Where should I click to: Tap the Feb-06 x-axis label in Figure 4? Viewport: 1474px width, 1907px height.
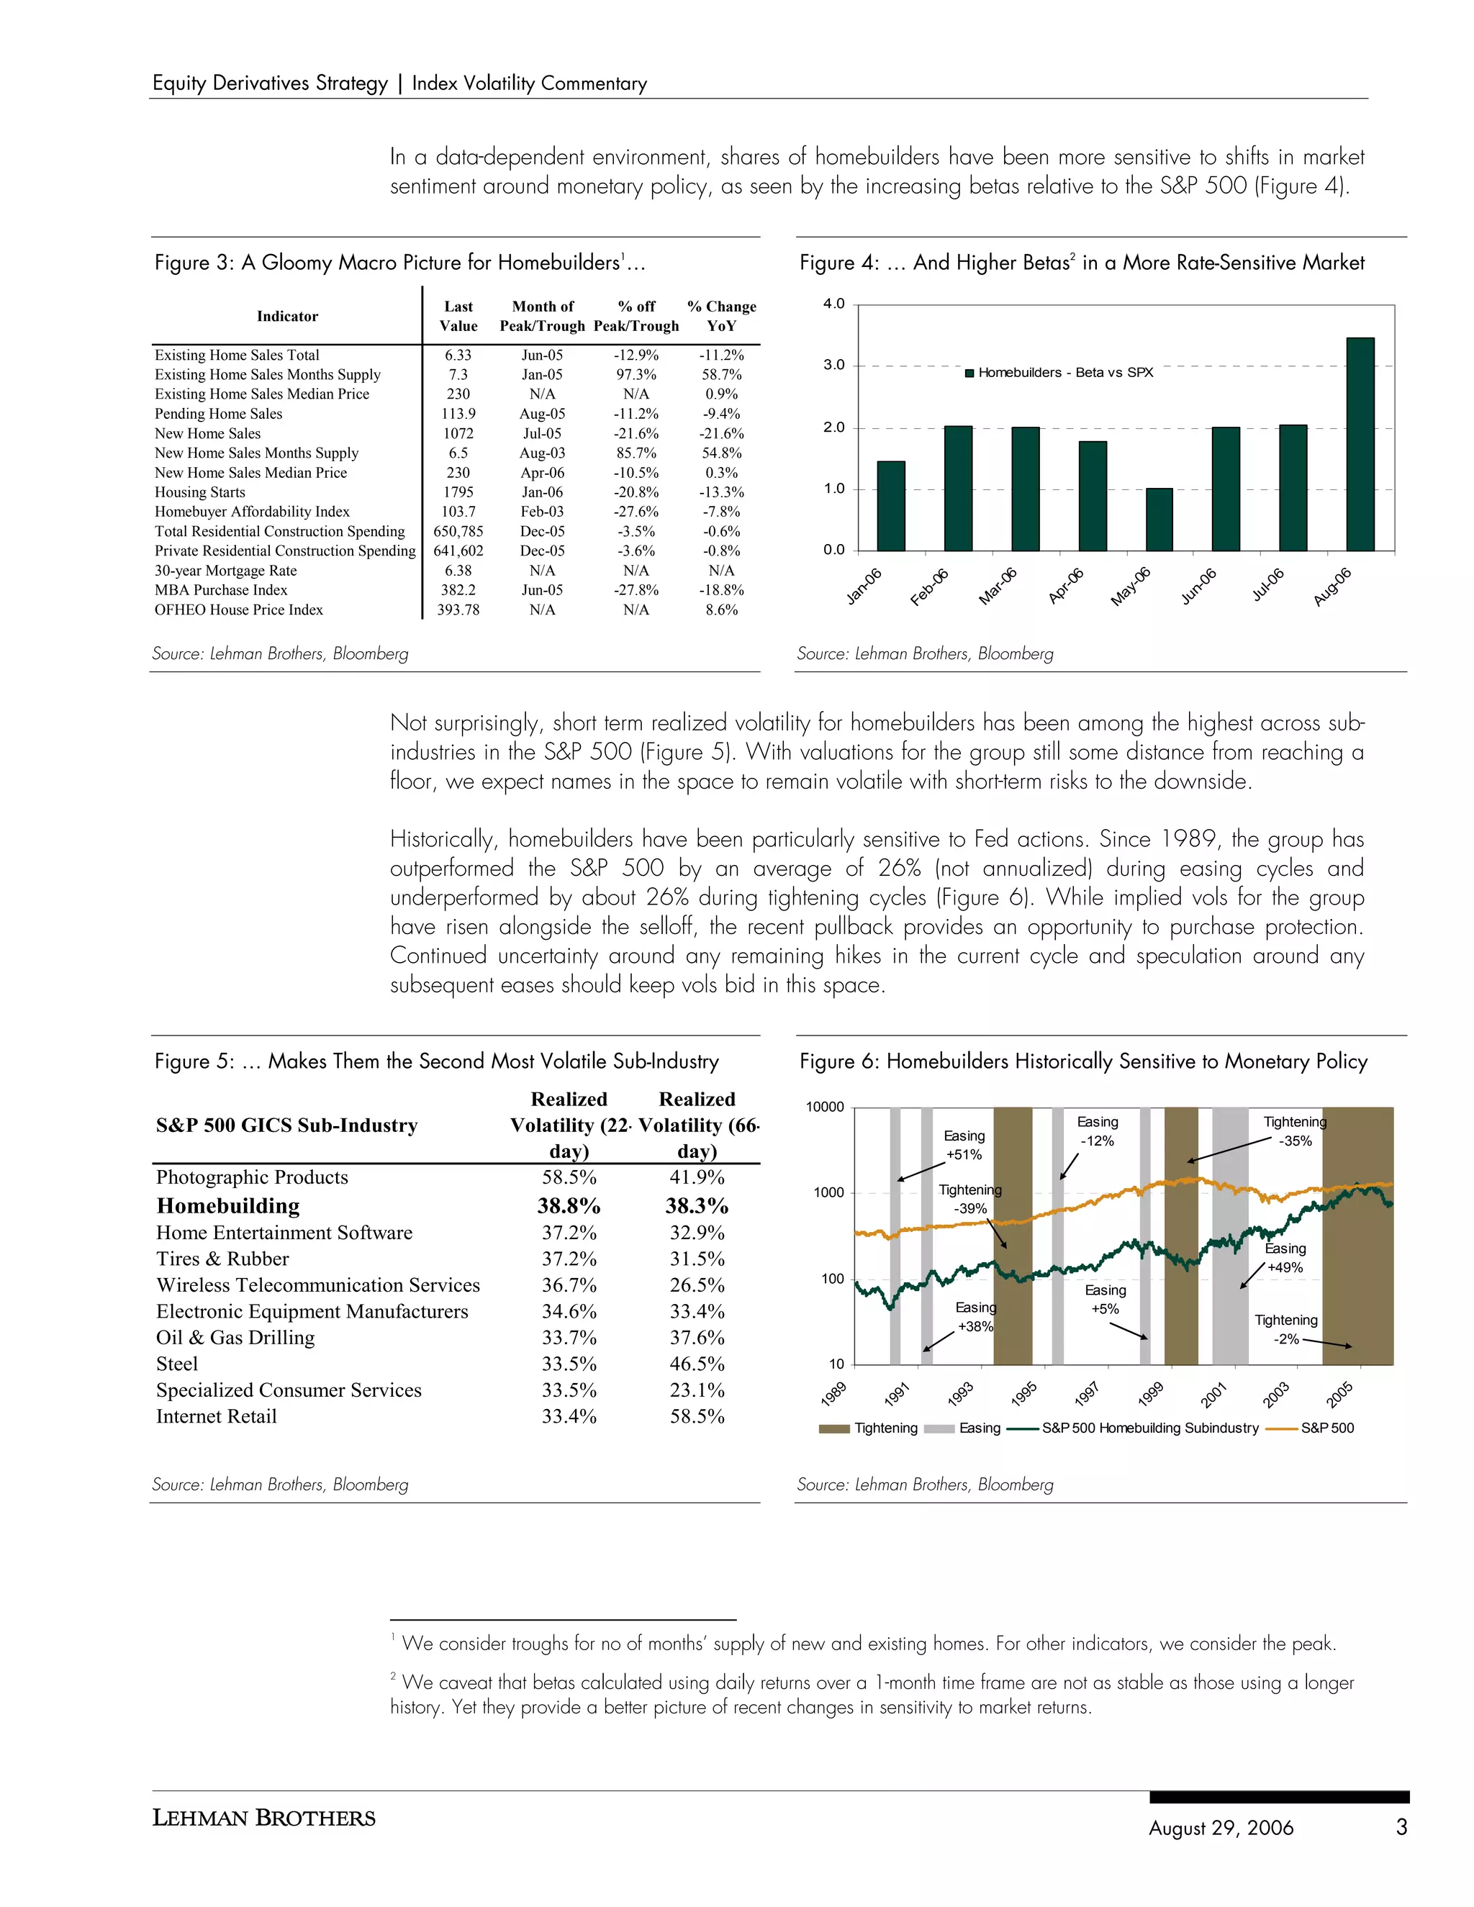(929, 588)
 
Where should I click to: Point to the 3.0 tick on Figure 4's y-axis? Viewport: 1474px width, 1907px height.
(834, 365)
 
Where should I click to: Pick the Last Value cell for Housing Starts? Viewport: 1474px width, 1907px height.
(458, 492)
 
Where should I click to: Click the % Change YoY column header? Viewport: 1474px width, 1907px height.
(721, 316)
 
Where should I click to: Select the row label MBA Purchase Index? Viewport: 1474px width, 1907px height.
(221, 590)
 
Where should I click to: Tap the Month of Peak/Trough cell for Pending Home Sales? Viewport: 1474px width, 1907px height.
(541, 414)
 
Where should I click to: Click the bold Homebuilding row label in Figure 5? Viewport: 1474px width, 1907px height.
(228, 1206)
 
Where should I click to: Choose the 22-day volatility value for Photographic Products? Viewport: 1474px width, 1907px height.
(569, 1177)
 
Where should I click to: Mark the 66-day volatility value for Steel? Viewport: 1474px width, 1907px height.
(697, 1364)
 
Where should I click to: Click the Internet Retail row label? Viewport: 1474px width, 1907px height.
(217, 1416)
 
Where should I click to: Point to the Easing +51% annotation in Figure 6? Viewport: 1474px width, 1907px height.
(964, 1145)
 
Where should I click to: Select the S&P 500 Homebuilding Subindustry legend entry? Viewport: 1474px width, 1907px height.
(1150, 1428)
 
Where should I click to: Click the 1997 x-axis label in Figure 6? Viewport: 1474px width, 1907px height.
(1086, 1395)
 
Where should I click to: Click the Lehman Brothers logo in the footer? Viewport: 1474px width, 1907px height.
(263, 1818)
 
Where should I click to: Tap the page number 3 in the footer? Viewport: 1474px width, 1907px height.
(1401, 1826)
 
